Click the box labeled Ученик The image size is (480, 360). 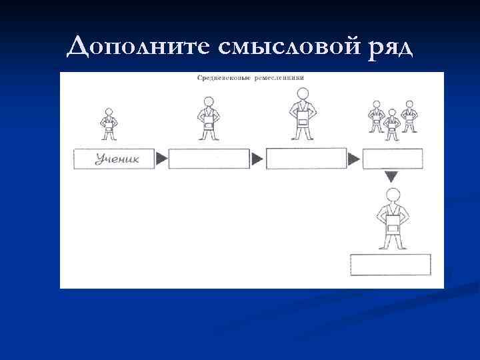click(113, 159)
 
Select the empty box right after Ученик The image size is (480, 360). click(209, 159)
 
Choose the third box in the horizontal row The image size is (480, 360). click(306, 159)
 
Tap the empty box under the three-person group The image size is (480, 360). click(392, 159)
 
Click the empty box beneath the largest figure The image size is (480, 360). click(391, 265)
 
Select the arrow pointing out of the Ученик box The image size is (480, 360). click(161, 159)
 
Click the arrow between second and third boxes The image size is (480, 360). click(257, 159)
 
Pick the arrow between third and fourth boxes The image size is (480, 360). click(354, 159)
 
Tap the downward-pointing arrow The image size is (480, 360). click(391, 177)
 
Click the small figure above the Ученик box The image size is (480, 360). click(107, 123)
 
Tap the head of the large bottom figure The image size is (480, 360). click(393, 195)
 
